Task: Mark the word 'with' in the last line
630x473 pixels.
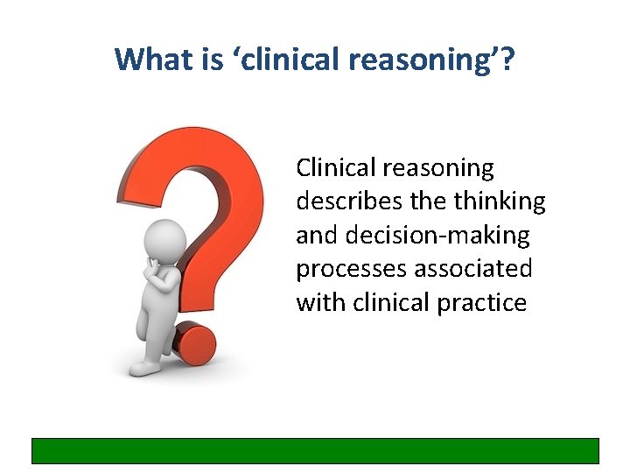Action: point(320,303)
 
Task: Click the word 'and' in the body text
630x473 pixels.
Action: point(315,235)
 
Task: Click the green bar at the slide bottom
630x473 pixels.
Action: point(315,450)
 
